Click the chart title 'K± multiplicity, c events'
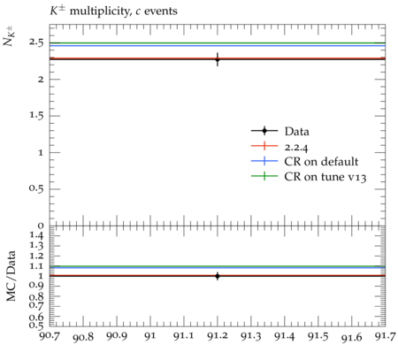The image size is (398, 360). [x=113, y=11]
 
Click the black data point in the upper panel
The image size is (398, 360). [x=218, y=59]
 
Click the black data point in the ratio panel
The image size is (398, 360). [x=218, y=276]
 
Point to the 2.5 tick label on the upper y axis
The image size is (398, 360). [x=36, y=42]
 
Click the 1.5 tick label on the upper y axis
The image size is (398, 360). [x=36, y=116]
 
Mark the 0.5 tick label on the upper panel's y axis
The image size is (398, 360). [x=36, y=188]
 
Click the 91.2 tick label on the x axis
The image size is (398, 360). [x=218, y=336]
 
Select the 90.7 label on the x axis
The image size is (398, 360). [x=50, y=336]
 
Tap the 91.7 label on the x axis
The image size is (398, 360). [x=385, y=336]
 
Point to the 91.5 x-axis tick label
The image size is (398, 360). [x=318, y=336]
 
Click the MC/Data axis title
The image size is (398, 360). [x=11, y=276]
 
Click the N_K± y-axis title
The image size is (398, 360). [x=9, y=36]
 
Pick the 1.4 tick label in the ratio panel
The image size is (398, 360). [x=36, y=235]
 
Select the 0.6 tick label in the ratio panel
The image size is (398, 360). [x=36, y=317]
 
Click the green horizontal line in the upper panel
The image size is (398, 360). [x=218, y=43]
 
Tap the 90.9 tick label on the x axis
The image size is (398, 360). [x=117, y=336]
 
